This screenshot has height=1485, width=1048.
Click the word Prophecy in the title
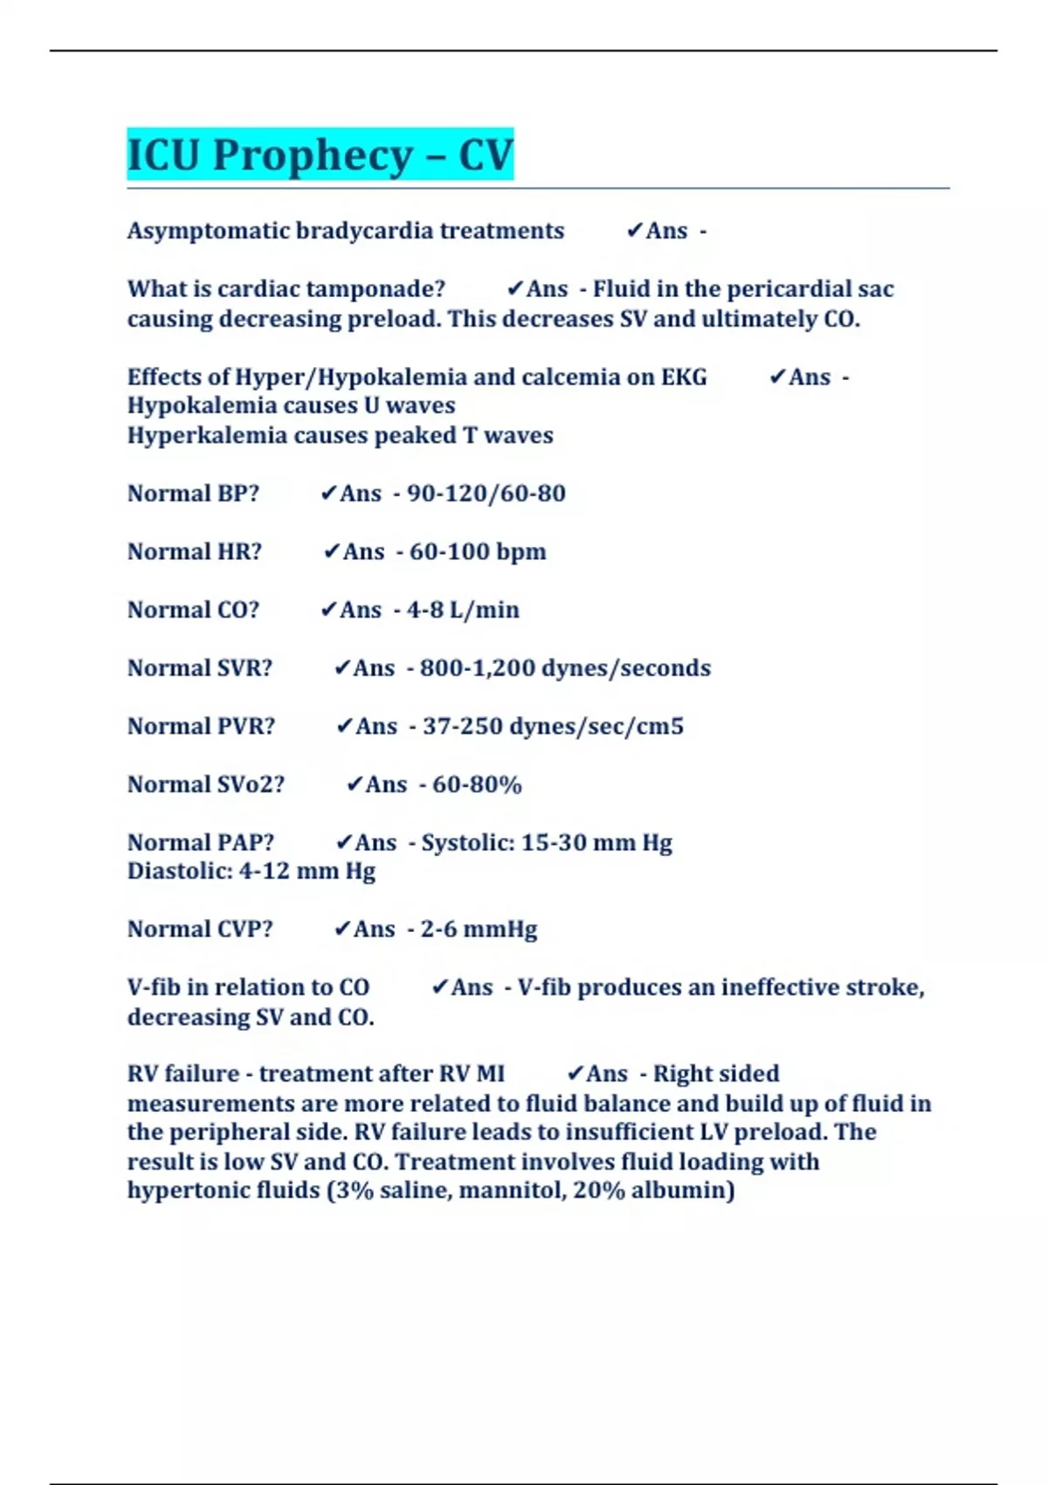click(x=313, y=155)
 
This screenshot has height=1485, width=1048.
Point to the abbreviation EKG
click(x=684, y=377)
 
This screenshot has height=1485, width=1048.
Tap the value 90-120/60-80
click(x=486, y=494)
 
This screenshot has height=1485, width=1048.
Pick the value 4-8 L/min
click(x=463, y=610)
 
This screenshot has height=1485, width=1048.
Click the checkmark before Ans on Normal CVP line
click(x=341, y=929)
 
